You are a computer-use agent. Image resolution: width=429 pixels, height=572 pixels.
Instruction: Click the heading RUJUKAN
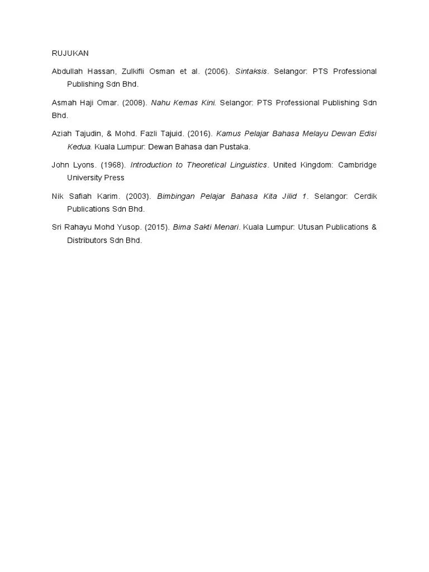(70, 54)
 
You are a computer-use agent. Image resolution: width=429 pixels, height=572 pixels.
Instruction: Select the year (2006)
(217, 71)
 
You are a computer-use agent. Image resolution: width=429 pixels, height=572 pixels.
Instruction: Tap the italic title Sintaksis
(251, 71)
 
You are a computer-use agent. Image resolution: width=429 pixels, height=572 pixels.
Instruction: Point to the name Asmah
(64, 103)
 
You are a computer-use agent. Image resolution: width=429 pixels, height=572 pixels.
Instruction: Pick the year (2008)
(134, 103)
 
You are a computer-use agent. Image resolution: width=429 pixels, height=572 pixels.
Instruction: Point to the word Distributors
(88, 240)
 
